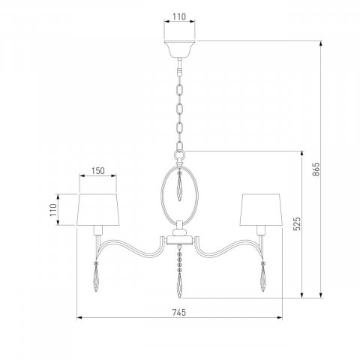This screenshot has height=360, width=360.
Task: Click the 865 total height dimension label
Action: [316, 169]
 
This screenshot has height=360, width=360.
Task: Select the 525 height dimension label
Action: [296, 223]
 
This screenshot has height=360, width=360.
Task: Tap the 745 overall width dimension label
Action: [179, 312]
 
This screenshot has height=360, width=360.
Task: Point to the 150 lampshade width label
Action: [97, 171]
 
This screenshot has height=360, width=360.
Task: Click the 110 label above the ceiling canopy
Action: [179, 16]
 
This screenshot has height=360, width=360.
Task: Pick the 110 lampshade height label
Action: [53, 210]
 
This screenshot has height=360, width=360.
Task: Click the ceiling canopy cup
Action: [179, 49]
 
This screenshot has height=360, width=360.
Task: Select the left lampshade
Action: [98, 209]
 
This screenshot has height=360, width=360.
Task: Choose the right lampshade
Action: [261, 209]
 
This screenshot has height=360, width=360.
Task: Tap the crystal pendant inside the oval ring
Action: [179, 186]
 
